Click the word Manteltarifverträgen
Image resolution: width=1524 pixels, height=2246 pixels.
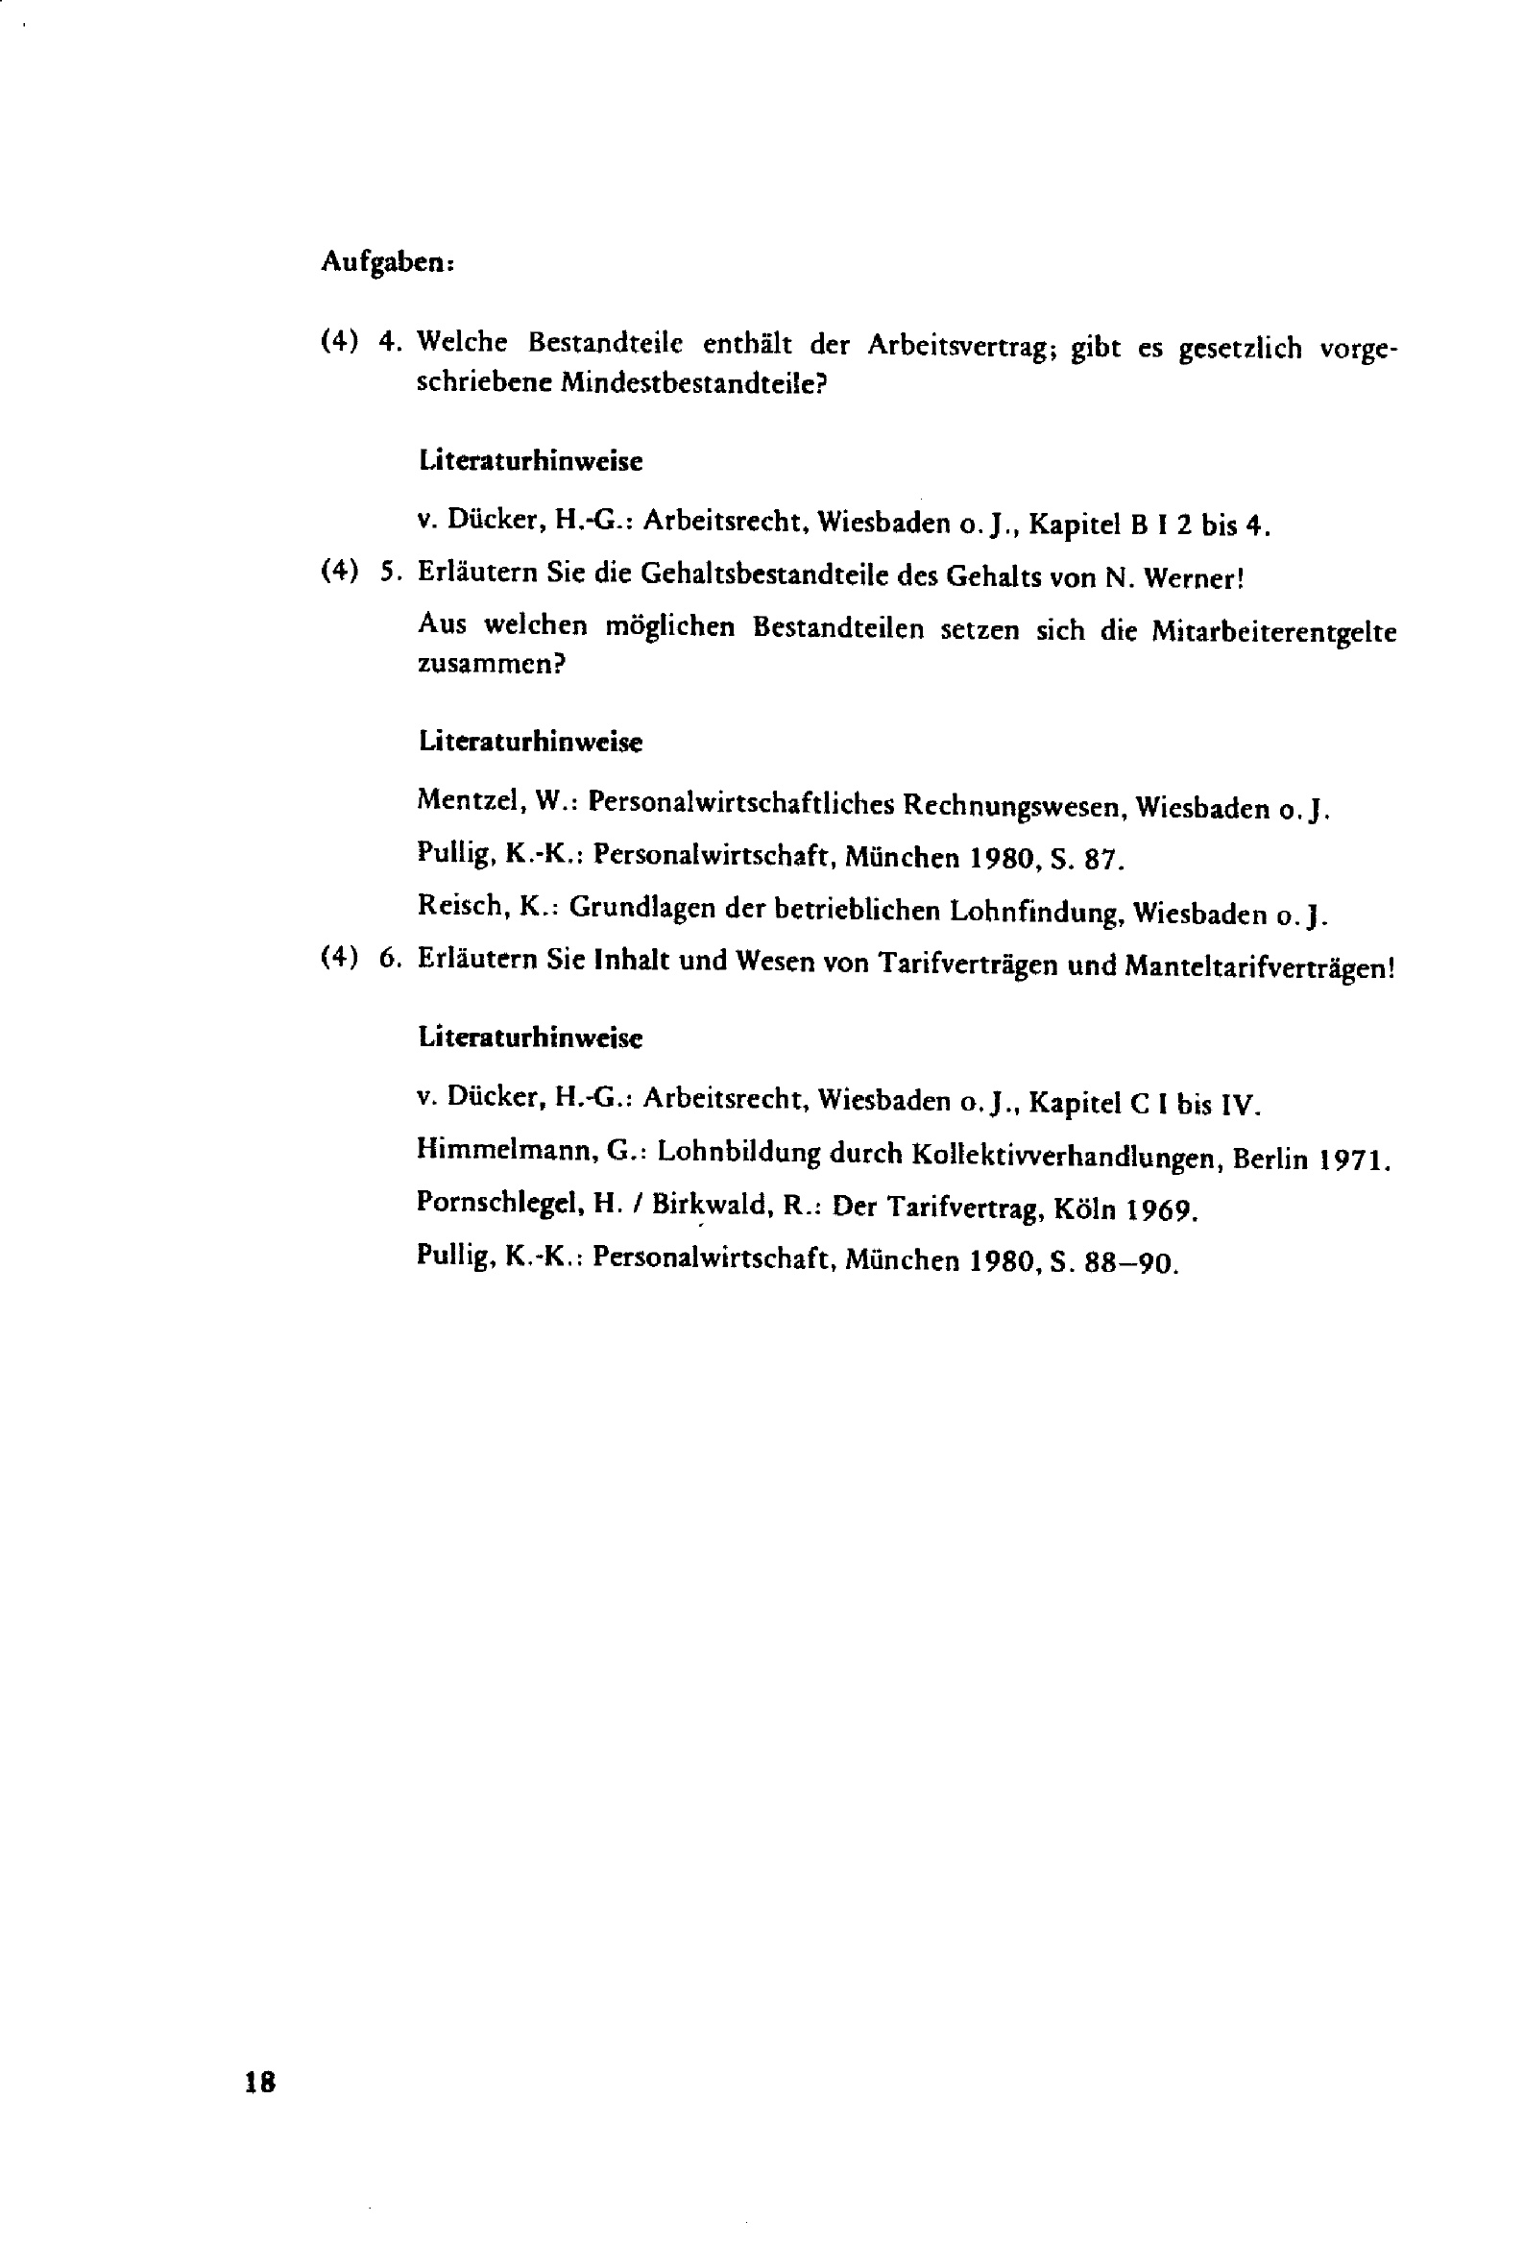[x=1259, y=966]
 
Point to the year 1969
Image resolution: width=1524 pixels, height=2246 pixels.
[x=1166, y=1210]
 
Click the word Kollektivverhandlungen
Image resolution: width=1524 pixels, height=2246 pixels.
[x=1067, y=1156]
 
